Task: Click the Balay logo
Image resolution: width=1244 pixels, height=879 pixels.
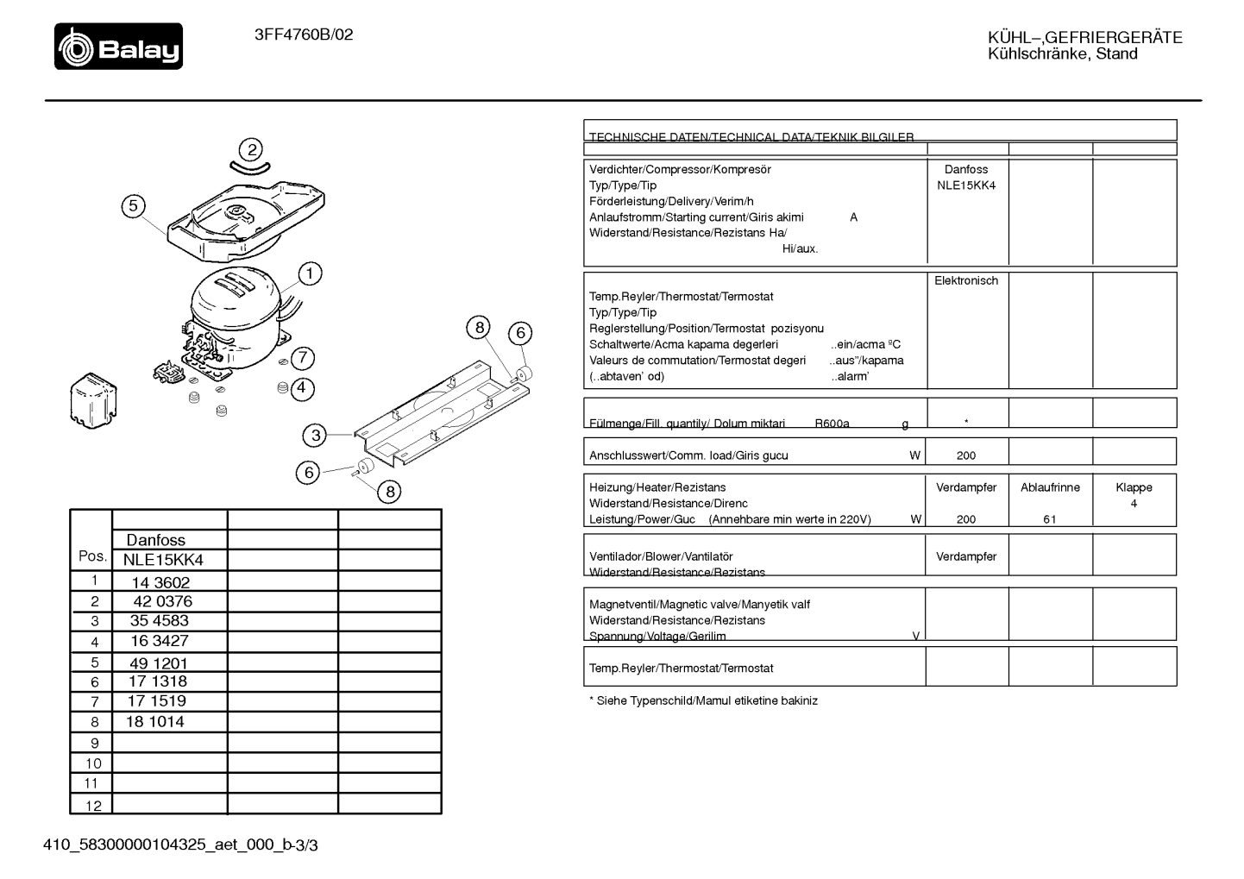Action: [x=118, y=46]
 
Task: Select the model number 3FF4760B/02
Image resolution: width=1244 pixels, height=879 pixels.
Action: [x=304, y=35]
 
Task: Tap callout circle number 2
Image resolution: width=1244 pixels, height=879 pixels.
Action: [x=251, y=150]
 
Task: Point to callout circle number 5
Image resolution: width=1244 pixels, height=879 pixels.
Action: [x=133, y=206]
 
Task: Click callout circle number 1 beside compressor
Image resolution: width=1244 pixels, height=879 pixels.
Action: [x=310, y=273]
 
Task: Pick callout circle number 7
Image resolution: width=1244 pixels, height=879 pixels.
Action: [x=303, y=357]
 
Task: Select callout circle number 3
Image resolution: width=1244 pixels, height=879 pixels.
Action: [x=315, y=435]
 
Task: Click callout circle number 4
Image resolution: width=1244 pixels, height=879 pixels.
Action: [x=302, y=387]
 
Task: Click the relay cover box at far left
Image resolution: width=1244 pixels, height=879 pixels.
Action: [x=93, y=400]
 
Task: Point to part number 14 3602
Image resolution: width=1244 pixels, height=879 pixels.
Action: [x=160, y=582]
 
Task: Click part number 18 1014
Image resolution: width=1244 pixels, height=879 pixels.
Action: [x=155, y=721]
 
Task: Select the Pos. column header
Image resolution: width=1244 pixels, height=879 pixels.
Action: [x=93, y=556]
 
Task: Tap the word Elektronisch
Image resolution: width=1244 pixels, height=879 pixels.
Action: [x=966, y=281]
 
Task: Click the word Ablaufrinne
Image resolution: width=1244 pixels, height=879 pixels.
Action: [x=1050, y=487]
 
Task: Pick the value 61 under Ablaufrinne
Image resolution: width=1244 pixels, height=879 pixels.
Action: [x=1050, y=519]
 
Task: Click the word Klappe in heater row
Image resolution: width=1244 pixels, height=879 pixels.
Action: [x=1134, y=487]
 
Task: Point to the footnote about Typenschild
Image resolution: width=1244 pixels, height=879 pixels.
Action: [x=703, y=700]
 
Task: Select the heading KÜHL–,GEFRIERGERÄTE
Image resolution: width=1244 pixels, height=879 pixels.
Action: [x=1085, y=38]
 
